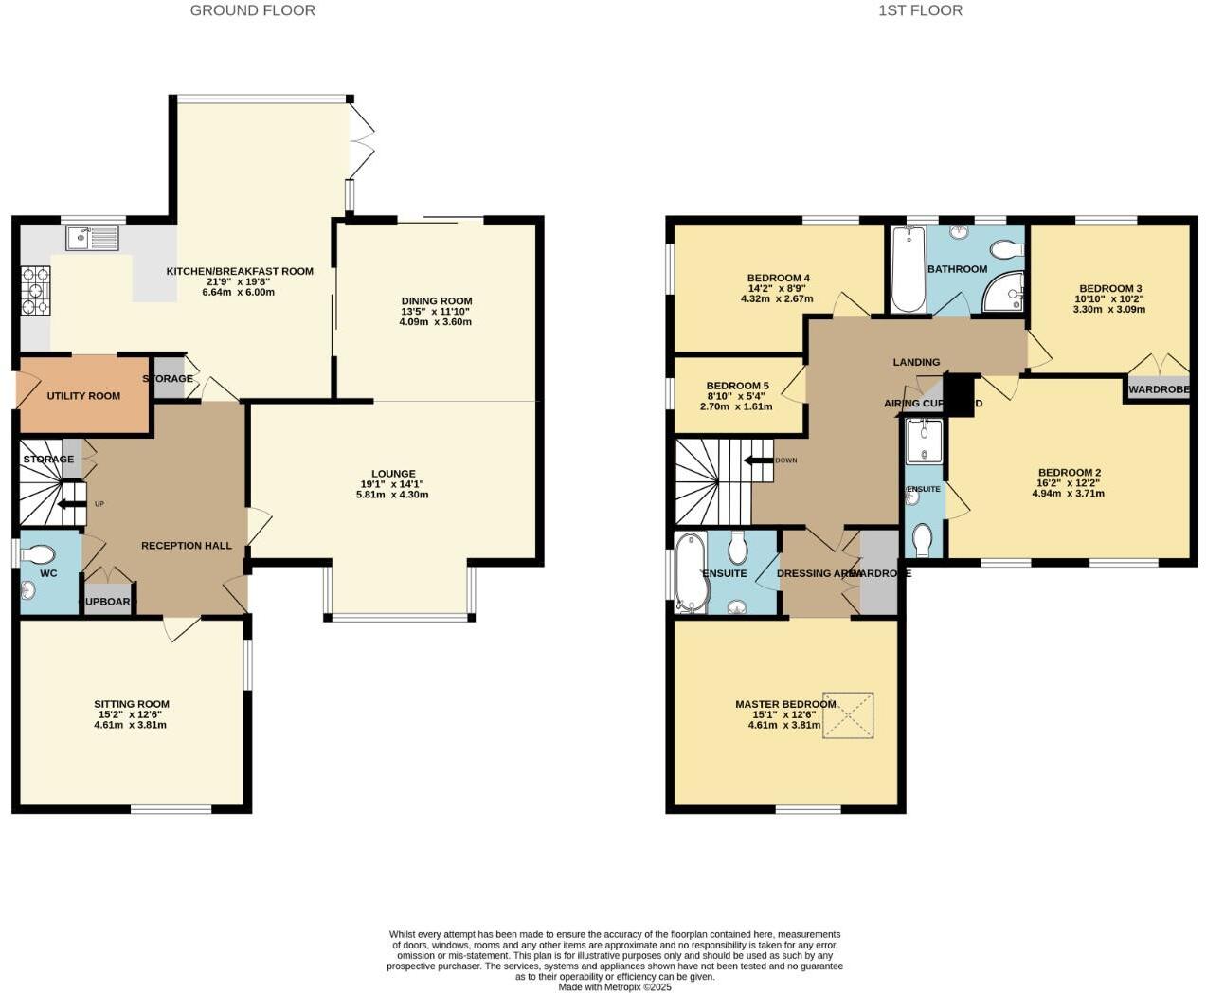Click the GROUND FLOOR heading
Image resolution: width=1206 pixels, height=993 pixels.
252,10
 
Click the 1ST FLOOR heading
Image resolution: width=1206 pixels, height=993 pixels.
920,10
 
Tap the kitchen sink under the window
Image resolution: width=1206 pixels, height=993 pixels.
92,238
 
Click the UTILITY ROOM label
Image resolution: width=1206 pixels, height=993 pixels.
83,396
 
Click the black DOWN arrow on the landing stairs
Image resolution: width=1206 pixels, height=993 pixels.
759,461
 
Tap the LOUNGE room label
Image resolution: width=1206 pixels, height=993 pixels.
393,474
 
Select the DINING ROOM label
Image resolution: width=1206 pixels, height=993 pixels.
436,301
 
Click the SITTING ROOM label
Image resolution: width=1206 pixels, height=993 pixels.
132,704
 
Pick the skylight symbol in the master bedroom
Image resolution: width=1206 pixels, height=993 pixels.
848,715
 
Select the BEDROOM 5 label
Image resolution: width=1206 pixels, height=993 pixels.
737,387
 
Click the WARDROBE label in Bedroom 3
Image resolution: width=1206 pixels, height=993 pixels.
1158,389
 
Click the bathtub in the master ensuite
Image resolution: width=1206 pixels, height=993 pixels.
689,573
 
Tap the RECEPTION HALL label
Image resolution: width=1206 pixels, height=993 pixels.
187,546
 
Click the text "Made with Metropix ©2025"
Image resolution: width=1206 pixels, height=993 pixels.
615,986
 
